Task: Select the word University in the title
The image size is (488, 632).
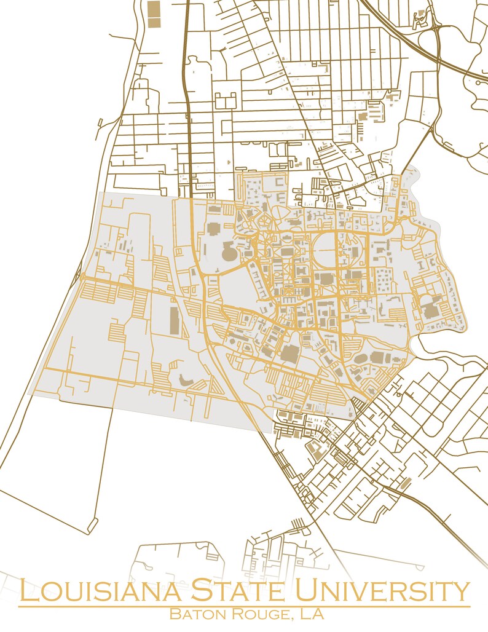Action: [382, 591]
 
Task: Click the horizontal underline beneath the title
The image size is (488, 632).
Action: [244, 606]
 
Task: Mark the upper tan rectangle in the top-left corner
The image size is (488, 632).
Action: [154, 9]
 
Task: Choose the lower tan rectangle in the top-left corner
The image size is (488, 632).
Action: [154, 22]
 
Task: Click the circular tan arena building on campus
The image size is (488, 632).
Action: [229, 252]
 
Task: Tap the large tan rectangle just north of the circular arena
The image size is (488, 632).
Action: [213, 229]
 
